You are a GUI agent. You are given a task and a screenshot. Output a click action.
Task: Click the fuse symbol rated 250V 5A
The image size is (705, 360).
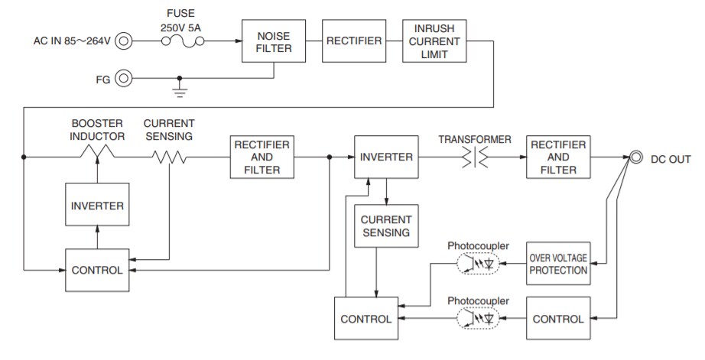coord(182,41)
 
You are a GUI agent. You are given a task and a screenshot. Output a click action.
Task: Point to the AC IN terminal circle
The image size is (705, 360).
coord(122,41)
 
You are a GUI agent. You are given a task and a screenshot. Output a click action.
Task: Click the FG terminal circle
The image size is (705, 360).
coord(122,78)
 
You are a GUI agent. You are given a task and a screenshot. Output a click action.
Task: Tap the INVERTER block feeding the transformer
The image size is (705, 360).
coord(385,157)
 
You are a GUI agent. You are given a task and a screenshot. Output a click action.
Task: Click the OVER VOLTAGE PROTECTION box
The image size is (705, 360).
coord(558,264)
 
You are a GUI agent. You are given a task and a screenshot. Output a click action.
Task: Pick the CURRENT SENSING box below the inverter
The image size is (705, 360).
coord(385,225)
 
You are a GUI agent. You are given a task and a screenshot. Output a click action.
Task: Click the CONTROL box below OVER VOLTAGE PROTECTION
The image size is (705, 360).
coord(558,318)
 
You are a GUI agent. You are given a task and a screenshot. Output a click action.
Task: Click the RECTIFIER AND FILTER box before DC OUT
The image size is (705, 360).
coord(558,157)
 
